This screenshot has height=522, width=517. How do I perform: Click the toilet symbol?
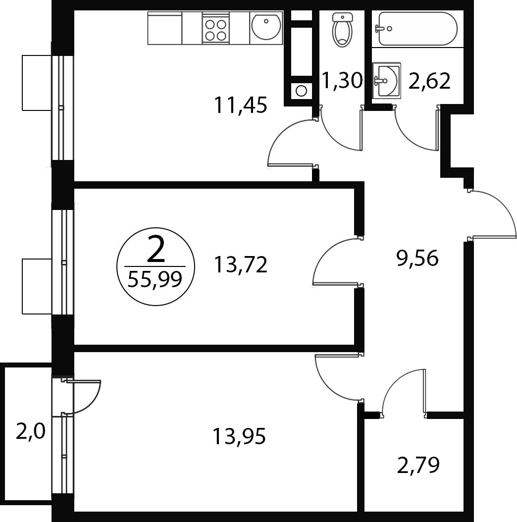(x=342, y=29)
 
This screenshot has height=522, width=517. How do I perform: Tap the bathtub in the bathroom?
(x=418, y=29)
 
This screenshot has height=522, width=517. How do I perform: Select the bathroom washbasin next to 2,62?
(x=386, y=80)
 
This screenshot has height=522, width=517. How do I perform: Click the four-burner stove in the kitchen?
(x=216, y=28)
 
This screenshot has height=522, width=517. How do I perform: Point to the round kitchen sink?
(x=266, y=28)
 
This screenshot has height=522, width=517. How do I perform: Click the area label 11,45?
(x=240, y=105)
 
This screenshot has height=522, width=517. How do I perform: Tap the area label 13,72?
(x=240, y=264)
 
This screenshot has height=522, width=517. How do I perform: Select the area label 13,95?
(x=239, y=436)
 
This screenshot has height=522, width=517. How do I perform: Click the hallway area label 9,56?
(x=417, y=258)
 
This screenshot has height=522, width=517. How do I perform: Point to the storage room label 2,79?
(x=418, y=465)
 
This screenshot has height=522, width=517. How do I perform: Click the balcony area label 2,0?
(x=30, y=433)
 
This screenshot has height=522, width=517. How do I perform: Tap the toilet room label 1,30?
(x=342, y=81)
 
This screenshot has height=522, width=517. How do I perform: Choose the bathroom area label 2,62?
(x=429, y=81)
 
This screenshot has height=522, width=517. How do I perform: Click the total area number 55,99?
(x=155, y=279)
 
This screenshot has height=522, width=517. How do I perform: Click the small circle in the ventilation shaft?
(x=301, y=91)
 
